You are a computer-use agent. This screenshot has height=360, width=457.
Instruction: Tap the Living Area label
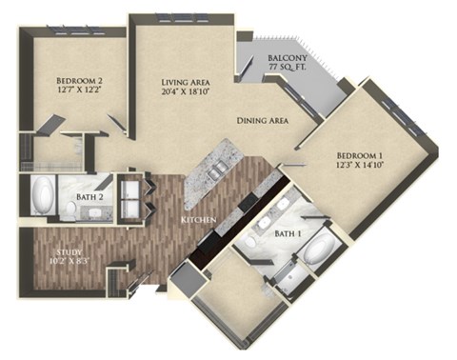[188, 82]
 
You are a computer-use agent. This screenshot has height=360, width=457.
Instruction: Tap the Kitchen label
[199, 222]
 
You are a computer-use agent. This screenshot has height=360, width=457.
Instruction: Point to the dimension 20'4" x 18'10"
[188, 93]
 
